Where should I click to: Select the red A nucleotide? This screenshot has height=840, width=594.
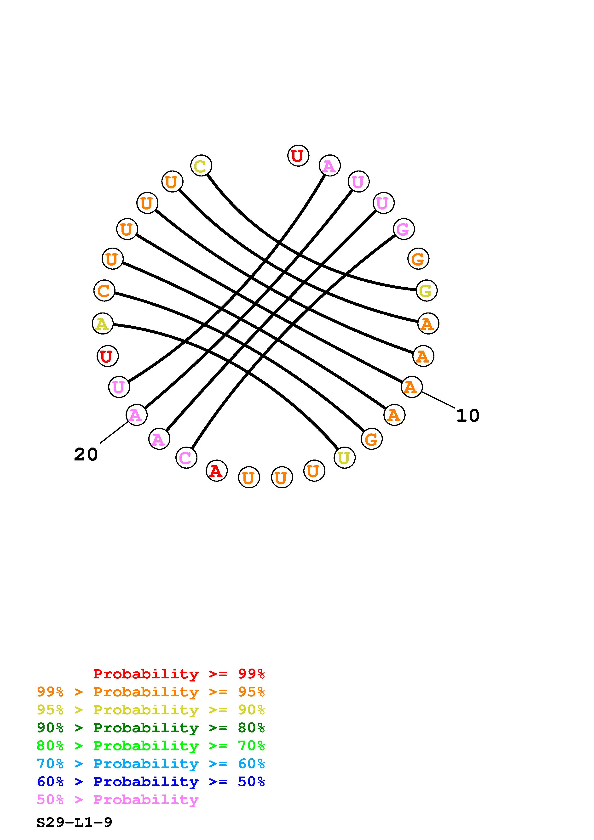click(217, 471)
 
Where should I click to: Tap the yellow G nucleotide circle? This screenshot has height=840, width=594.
click(426, 291)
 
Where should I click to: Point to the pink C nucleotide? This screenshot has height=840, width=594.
click(186, 458)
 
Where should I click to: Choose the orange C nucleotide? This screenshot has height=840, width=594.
click(104, 291)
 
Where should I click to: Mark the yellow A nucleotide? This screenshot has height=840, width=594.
click(103, 324)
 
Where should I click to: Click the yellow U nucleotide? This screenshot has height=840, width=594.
click(344, 458)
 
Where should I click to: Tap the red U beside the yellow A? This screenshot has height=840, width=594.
click(108, 356)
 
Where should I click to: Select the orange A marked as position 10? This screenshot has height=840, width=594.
click(412, 387)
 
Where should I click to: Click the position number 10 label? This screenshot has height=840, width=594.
click(468, 416)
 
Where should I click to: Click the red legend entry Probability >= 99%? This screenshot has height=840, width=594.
click(179, 674)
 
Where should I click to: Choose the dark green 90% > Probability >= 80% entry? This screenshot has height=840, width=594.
click(151, 728)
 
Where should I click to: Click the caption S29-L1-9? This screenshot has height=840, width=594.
click(74, 823)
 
